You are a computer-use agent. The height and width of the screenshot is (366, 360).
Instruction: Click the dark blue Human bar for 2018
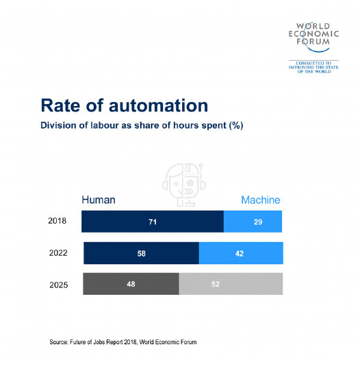(153, 221)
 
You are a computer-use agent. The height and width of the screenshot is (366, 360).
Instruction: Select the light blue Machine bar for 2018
(253, 221)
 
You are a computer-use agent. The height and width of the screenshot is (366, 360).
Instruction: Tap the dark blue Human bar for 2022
(141, 253)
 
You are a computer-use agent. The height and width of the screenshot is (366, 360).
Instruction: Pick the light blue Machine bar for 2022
(241, 253)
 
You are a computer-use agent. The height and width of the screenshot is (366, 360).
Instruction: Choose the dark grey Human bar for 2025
(131, 284)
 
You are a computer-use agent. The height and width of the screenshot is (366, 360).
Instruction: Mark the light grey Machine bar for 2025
(231, 284)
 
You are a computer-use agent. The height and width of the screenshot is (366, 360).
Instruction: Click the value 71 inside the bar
(153, 222)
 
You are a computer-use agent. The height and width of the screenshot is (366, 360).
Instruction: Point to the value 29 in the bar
(258, 222)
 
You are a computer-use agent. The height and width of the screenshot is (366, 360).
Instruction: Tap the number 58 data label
(142, 254)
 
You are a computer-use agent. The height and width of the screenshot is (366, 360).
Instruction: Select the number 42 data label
(240, 254)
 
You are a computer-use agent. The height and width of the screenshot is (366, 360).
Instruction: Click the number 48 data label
(131, 284)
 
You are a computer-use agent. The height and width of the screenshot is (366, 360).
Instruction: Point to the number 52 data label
(216, 284)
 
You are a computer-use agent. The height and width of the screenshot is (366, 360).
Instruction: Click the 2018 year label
(57, 220)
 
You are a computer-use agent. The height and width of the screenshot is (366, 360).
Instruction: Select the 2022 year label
(58, 253)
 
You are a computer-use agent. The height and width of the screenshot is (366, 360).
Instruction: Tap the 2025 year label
(59, 285)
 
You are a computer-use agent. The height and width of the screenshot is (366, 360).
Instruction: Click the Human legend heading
(99, 200)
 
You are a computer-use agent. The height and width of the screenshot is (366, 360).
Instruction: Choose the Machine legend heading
(261, 200)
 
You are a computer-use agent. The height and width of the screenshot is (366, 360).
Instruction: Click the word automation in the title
(158, 106)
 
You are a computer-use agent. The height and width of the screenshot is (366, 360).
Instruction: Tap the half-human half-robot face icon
(184, 185)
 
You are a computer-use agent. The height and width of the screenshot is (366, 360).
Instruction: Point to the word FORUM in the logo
(313, 42)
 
